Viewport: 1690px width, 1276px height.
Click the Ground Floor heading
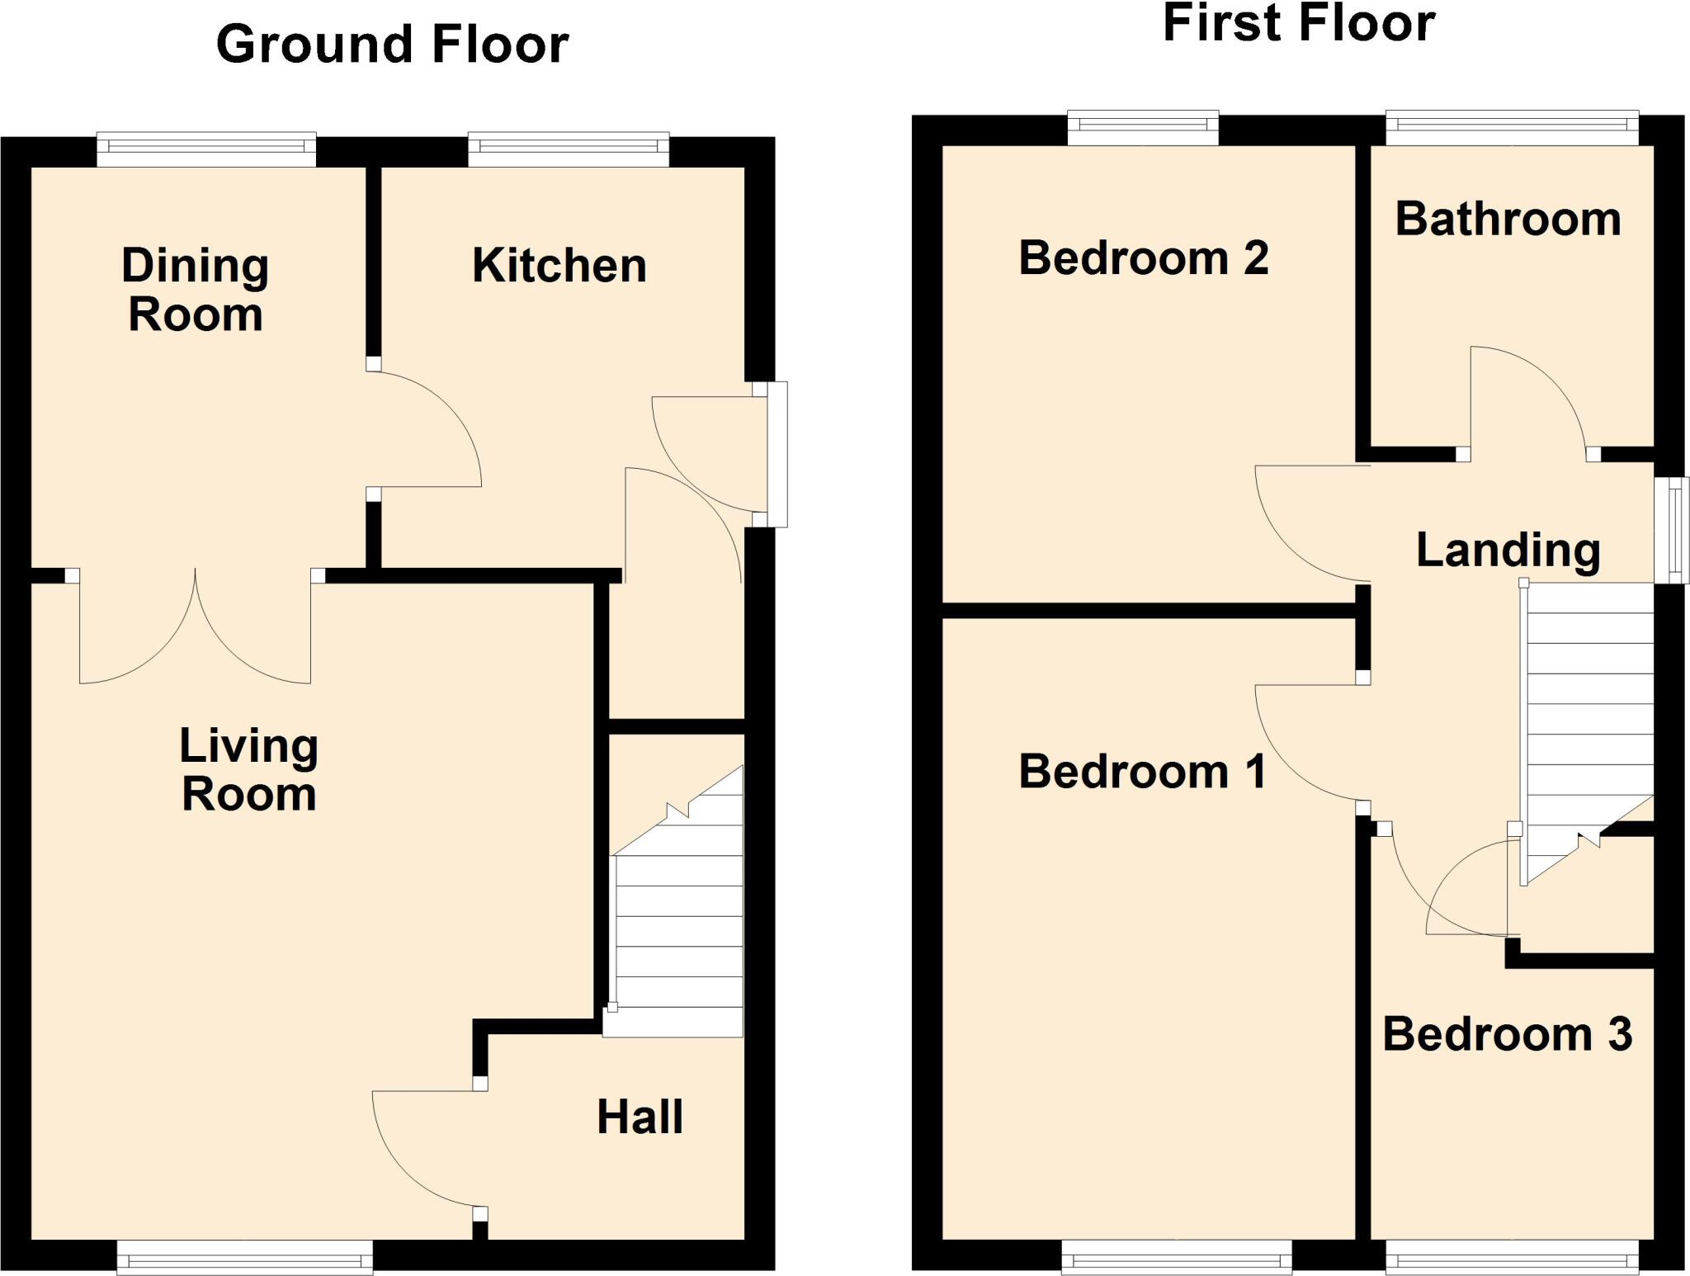click(x=392, y=44)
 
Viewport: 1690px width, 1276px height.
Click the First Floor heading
click(x=1298, y=23)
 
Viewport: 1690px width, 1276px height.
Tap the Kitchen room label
click(x=559, y=266)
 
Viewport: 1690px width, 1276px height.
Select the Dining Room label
click(x=196, y=290)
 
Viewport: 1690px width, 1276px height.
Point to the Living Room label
click(x=248, y=769)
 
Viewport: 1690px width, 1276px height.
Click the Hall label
click(x=640, y=1118)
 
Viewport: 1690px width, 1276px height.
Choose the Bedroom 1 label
click(x=1142, y=772)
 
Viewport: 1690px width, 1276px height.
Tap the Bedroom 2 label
click(x=1143, y=258)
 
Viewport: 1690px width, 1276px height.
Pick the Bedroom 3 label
click(x=1507, y=1034)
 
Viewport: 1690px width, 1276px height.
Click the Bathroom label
click(x=1508, y=220)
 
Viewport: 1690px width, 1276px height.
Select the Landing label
click(x=1508, y=550)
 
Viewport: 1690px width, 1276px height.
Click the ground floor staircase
click(x=677, y=924)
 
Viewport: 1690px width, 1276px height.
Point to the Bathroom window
click(x=1512, y=127)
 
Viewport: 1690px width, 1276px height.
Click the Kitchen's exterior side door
click(x=777, y=454)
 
